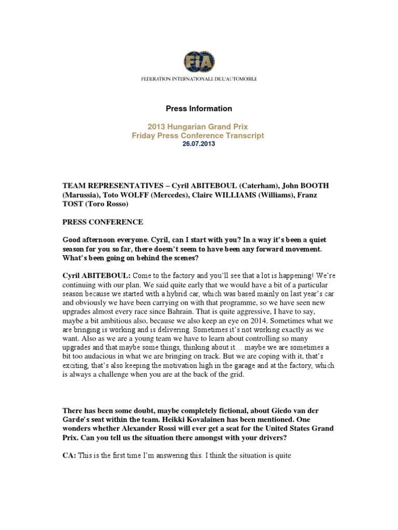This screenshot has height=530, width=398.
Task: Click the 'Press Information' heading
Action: [198, 109]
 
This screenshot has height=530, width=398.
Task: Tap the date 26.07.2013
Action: [198, 144]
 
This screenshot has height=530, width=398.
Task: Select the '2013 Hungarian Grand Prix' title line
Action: [198, 126]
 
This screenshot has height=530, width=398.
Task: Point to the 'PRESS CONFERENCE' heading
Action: [103, 222]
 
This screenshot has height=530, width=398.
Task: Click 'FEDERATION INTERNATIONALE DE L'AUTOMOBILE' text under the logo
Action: [198, 79]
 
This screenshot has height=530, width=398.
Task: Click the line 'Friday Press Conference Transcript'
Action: [198, 136]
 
